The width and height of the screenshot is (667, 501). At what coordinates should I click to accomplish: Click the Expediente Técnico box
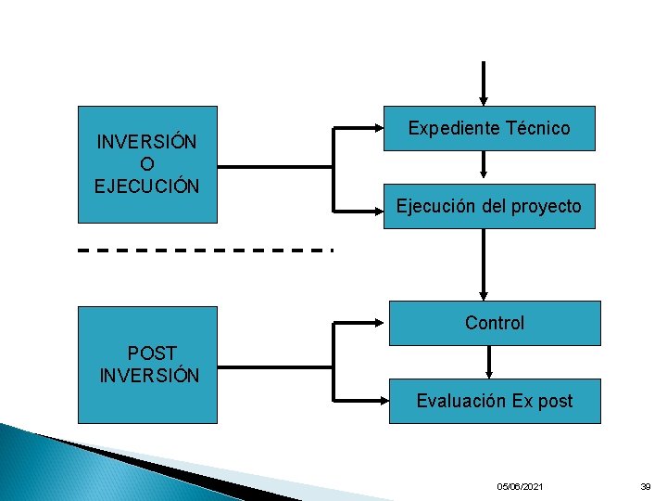489,128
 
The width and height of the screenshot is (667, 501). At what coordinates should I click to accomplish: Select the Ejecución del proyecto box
489,206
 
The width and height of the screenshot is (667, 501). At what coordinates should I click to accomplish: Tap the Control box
495,323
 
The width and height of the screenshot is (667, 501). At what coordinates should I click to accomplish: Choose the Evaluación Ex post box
495,401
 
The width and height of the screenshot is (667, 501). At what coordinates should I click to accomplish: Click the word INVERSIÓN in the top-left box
147,143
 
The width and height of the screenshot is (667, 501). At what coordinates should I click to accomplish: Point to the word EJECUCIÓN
147,186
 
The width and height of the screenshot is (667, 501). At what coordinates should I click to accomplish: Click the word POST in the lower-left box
152,353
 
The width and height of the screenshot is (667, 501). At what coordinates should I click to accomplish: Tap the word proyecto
546,207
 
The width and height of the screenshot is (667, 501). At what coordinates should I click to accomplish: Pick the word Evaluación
453,401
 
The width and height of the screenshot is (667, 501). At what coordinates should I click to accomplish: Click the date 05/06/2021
521,486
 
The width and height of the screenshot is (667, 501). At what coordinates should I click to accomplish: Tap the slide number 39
646,486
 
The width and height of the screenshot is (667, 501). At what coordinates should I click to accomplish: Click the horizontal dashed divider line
205,250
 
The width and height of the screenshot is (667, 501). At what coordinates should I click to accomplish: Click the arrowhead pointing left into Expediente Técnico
378,127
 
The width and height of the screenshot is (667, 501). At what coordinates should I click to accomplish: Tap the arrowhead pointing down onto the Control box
482,294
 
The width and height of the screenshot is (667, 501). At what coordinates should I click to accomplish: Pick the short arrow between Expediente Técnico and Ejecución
483,165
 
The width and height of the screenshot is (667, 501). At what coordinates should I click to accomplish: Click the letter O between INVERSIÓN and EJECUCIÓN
147,164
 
